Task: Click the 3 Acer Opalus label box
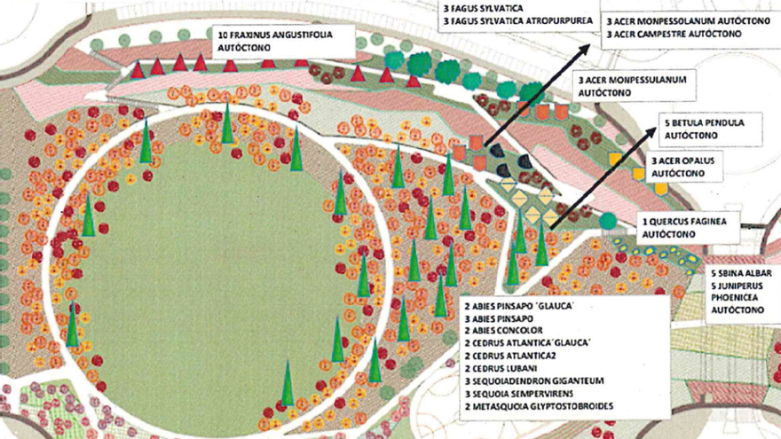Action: [x=688, y=167]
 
